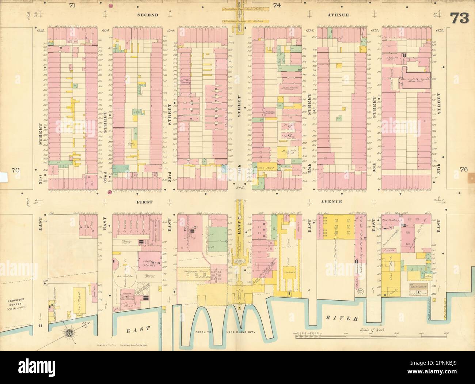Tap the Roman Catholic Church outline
[x=417, y=78]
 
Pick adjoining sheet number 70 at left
[x=15, y=170]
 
